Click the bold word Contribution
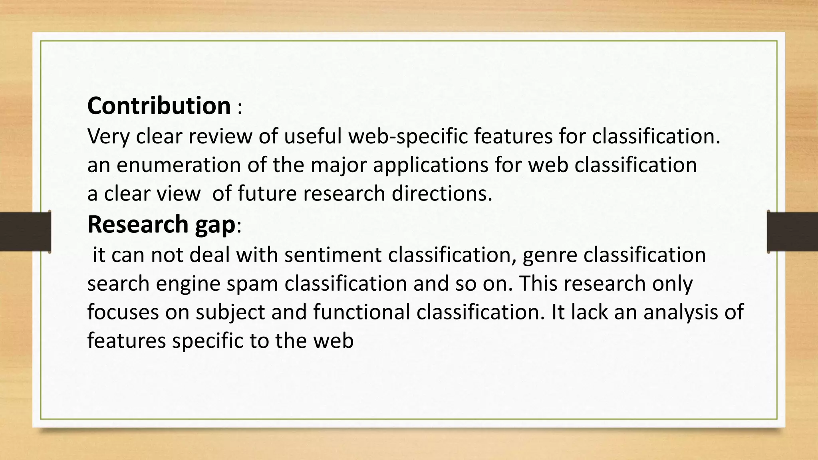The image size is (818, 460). (159, 106)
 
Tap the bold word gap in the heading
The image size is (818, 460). (215, 225)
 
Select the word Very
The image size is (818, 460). (108, 136)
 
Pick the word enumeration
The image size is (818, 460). (179, 165)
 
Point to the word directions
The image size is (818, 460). (442, 194)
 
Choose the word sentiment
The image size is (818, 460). (333, 255)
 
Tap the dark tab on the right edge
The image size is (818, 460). (792, 232)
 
